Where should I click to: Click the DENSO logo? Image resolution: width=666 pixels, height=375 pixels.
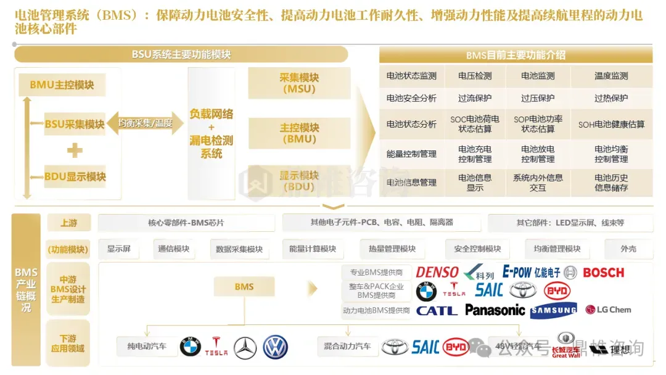[x=437, y=273]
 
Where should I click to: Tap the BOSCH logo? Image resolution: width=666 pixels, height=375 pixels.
[x=603, y=273]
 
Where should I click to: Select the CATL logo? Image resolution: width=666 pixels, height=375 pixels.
[x=437, y=310]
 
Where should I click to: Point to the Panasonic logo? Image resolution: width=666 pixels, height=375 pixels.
[x=495, y=310]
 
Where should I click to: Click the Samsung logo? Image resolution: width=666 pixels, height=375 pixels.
[x=554, y=310]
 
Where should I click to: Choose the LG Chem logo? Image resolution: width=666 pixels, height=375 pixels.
[x=608, y=310]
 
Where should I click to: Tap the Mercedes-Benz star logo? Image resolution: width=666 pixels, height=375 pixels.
[x=245, y=347]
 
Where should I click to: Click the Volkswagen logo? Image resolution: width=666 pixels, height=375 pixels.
[x=276, y=347]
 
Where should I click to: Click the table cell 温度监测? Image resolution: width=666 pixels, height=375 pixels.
[x=611, y=76]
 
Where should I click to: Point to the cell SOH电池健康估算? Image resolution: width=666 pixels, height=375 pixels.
[x=611, y=124]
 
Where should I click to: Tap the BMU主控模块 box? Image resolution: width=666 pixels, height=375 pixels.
[x=62, y=85]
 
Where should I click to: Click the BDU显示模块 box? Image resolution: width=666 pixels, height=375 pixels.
[x=75, y=177]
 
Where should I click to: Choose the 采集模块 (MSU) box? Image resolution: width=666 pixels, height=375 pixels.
[x=299, y=83]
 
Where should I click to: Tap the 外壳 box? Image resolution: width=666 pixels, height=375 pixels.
[x=628, y=249]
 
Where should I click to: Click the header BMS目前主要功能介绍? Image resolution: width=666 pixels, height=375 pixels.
[x=516, y=55]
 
